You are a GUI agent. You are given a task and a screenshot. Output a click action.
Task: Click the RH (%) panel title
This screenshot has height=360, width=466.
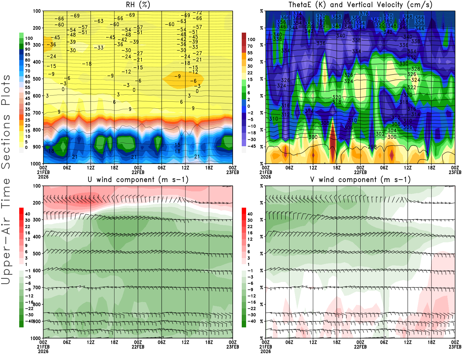(x=138, y=5)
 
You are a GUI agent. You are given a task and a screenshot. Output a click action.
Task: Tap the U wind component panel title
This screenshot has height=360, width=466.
(x=138, y=179)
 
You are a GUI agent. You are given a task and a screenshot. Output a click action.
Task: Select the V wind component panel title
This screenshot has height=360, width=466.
(x=360, y=179)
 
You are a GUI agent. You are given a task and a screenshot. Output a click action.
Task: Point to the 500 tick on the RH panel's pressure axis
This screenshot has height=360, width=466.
(x=37, y=79)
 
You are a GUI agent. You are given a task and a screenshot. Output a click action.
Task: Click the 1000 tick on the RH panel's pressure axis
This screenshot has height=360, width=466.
(x=36, y=164)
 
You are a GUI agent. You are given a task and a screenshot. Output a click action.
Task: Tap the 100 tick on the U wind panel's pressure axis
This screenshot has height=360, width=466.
(x=37, y=186)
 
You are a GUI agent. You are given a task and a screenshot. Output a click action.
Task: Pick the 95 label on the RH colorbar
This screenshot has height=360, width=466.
(x=28, y=44)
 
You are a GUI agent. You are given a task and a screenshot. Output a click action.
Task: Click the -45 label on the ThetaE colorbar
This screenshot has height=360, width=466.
(x=251, y=146)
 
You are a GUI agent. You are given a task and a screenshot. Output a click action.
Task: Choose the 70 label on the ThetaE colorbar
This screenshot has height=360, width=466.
(x=250, y=46)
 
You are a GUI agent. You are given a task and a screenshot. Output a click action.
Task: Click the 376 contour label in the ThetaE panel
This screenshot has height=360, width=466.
(x=364, y=14)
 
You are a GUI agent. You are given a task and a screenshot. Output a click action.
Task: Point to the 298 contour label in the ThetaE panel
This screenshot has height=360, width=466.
(x=372, y=147)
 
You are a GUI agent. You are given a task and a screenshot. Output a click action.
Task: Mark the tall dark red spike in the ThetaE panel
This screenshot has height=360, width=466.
(x=333, y=143)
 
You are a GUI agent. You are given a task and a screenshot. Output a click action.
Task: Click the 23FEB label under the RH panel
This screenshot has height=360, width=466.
(x=233, y=172)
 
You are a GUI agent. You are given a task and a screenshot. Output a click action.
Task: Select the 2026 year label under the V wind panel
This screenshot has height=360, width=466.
(x=266, y=351)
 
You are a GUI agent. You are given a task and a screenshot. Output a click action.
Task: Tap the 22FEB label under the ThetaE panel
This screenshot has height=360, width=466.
(x=360, y=172)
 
